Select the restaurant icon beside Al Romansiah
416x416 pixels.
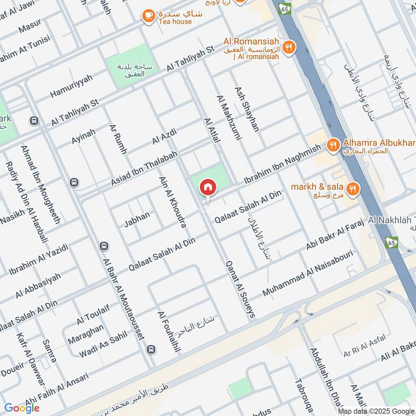[289, 47]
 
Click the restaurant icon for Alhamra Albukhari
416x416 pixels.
[333, 144]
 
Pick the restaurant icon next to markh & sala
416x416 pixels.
[353, 189]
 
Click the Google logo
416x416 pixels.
[21, 408]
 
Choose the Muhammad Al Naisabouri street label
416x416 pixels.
[308, 273]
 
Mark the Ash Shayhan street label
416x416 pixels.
[246, 109]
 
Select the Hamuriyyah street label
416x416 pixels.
[71, 86]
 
